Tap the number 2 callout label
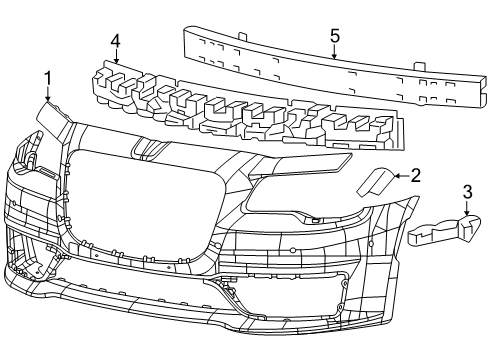tap(416, 175)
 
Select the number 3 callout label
tap(467, 191)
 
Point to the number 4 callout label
tap(116, 41)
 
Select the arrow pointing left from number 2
tap(400, 176)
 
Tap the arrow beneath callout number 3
tap(467, 208)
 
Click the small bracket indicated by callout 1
tap(54, 119)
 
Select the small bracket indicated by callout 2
tap(374, 184)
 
